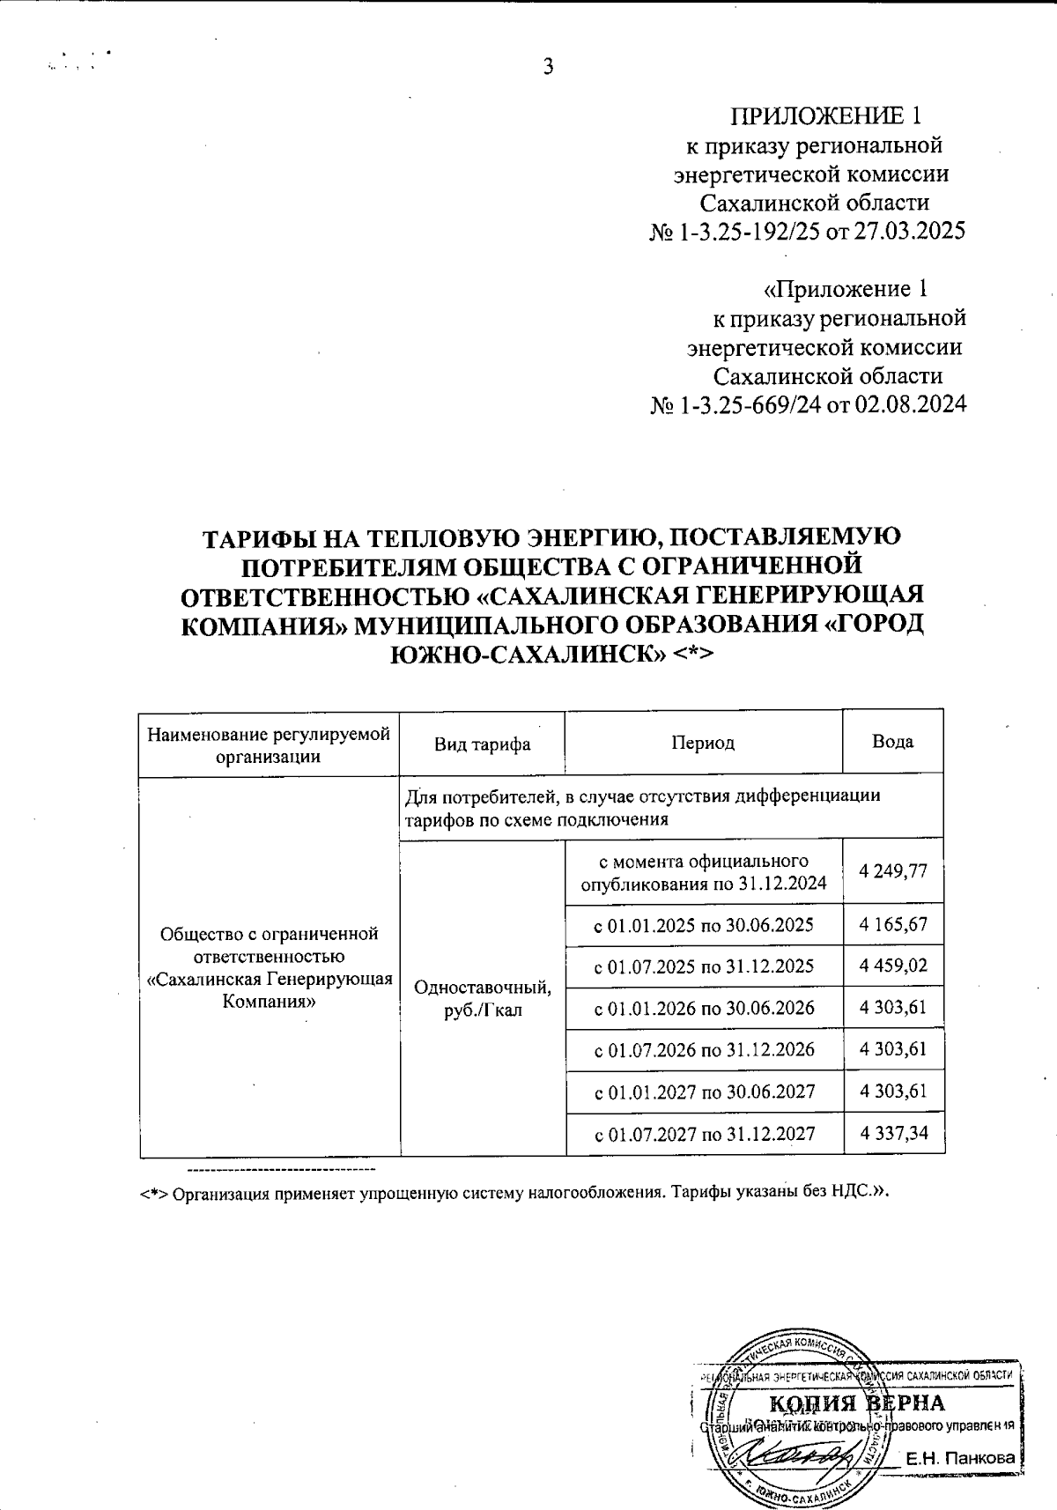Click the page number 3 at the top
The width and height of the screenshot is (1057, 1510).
coord(548,67)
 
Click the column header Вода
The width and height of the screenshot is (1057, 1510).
coord(892,742)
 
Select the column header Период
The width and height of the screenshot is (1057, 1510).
coord(703,743)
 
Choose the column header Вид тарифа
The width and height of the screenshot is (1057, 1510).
coord(482,744)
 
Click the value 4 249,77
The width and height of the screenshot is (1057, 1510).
coord(894,870)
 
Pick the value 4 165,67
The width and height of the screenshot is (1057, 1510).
coord(894,925)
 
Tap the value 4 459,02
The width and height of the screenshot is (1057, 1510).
coord(894,966)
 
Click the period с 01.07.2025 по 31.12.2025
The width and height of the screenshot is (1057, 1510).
coord(704,966)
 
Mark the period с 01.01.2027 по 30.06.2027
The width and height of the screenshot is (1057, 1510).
coord(704,1092)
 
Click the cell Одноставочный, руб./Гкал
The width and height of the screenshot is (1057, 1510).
coord(483,998)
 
